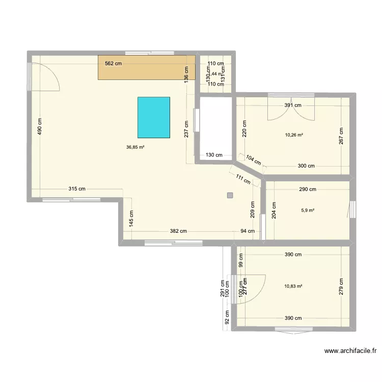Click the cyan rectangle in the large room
click(154, 117)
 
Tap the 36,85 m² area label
click(135, 147)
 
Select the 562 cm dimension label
click(113, 64)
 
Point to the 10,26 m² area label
click(294, 135)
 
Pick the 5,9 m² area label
click(308, 209)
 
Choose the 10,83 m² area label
click(294, 286)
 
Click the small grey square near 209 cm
click(230, 195)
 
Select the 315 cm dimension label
click(77, 189)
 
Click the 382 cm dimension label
click(178, 231)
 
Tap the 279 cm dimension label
click(341, 287)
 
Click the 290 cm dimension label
click(308, 189)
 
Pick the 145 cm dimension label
click(131, 219)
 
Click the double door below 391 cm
click(291, 108)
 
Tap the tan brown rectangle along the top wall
click(147, 67)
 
